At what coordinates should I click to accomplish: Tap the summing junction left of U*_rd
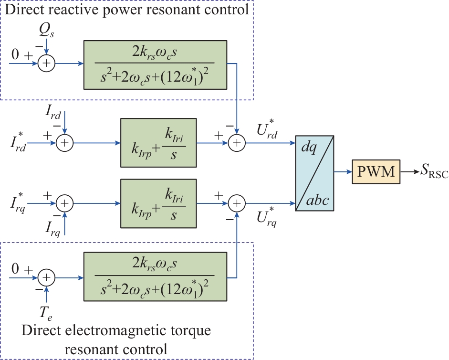coord(236,142)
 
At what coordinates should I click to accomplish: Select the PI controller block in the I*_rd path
coord(159,142)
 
